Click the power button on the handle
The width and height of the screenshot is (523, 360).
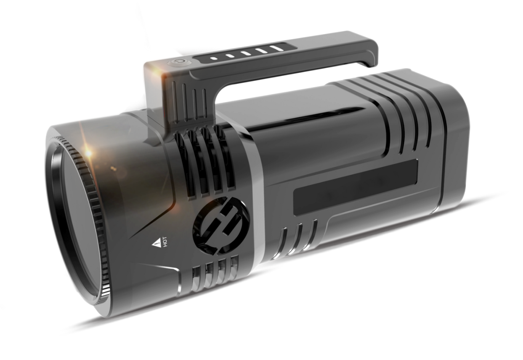[x=179, y=62]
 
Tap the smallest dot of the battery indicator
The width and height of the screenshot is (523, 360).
[x=213, y=58]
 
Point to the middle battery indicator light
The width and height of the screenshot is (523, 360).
[x=245, y=53]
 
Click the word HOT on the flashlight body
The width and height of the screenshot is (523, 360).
[x=165, y=242]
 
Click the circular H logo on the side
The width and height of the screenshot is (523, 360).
[x=220, y=225]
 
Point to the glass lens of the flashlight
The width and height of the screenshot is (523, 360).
[x=77, y=222]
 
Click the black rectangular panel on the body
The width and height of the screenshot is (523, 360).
[x=355, y=187]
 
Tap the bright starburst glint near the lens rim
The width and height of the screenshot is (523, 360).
[x=88, y=153]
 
